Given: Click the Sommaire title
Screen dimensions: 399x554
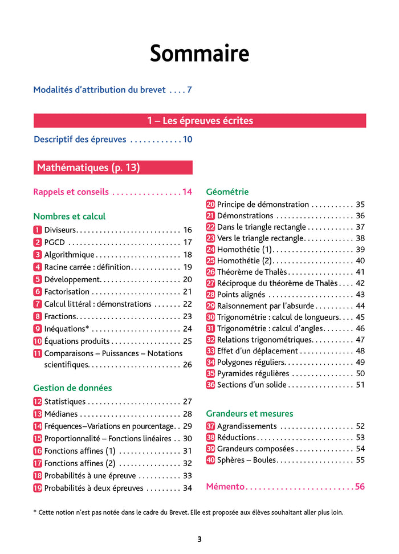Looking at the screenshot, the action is point(199,54).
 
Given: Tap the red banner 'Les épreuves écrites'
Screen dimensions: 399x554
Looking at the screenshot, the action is point(199,121).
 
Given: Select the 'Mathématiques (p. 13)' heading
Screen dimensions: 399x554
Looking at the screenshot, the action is point(88,168).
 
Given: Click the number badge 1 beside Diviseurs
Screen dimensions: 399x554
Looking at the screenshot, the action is point(38,230).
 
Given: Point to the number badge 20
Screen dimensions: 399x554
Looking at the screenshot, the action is point(210,205).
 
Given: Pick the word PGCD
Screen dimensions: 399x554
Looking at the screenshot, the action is point(54,242).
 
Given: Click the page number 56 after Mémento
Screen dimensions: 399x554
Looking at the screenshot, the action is point(359,487).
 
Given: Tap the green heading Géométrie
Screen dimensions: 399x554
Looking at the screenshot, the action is point(227,192).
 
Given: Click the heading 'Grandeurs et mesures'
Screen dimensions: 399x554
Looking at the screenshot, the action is point(250,413).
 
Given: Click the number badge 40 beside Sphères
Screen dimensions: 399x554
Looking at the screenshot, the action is point(210,460).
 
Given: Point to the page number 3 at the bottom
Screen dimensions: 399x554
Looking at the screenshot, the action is point(199,539).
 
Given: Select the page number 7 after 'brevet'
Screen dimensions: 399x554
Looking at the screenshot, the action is point(189,89).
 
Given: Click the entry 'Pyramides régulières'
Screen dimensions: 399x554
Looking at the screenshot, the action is point(253,373).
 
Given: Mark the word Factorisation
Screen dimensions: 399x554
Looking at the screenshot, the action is point(67,292).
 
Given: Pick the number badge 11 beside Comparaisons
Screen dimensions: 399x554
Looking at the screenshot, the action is point(38,353).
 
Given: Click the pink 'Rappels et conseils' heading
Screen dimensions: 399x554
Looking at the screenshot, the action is point(71,192).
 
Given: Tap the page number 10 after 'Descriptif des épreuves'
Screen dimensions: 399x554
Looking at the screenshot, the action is point(187,140).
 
